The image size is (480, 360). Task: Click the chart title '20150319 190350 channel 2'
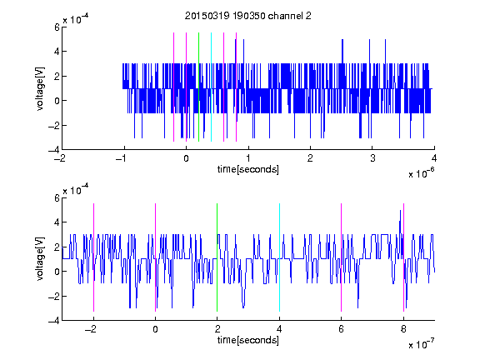[248, 16]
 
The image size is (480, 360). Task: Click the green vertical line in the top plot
[198, 87]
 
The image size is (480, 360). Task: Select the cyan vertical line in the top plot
[211, 87]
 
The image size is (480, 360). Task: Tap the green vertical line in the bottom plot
[217, 257]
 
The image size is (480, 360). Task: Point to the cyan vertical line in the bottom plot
[279, 257]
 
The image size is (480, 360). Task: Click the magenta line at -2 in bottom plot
[93, 257]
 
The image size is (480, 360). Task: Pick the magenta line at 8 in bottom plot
[403, 257]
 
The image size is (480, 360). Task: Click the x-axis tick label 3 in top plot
[372, 158]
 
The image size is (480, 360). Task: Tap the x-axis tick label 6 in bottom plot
[342, 329]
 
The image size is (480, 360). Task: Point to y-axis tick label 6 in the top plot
[57, 27]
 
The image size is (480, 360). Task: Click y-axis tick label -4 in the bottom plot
[54, 321]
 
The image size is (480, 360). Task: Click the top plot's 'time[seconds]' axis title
[248, 169]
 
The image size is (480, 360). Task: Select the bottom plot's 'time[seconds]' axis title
[248, 340]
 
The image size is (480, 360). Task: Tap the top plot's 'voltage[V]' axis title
[40, 89]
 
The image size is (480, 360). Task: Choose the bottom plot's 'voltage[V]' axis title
[40, 259]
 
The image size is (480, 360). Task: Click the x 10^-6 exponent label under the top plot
[421, 172]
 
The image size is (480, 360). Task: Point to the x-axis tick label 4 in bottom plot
[279, 329]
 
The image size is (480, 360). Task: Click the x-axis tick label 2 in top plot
[310, 158]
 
